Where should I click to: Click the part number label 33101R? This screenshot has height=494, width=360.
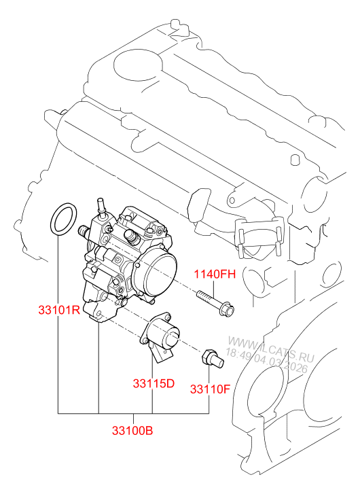pos(59,310)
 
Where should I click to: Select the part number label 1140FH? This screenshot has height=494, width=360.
pos(215,274)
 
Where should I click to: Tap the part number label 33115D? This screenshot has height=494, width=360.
pos(154,383)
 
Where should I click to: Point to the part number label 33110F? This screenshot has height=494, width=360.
pos(210,389)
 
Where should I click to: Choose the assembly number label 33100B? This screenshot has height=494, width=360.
pos(132,430)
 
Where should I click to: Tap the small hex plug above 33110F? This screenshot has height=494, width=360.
pos(213,359)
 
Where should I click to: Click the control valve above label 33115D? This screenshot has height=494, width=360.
pos(160,337)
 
